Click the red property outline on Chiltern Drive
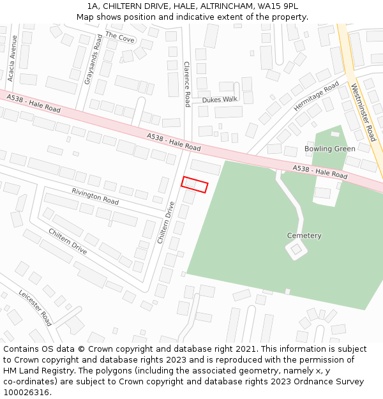(195, 184)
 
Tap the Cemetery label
(304, 236)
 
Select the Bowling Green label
(329, 149)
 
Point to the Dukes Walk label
(220, 100)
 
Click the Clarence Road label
(187, 84)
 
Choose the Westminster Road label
(363, 112)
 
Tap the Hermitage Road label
(317, 96)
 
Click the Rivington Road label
(95, 196)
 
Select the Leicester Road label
(35, 307)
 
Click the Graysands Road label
(94, 59)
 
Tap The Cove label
(120, 38)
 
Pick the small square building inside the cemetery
(296, 250)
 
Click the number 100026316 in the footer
(27, 392)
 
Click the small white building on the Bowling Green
(335, 133)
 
